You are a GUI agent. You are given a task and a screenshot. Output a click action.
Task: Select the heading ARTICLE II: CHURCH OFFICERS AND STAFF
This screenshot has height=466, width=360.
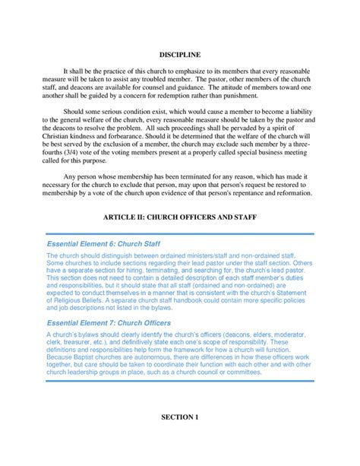pyautogui.click(x=180, y=217)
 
